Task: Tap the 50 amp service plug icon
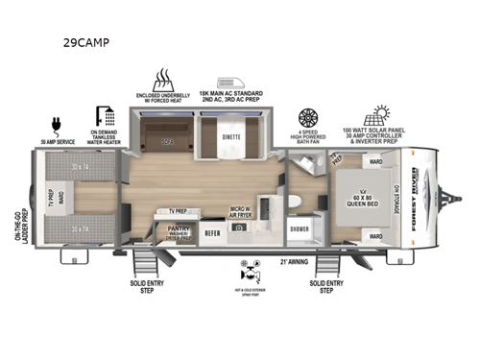coord(55,126)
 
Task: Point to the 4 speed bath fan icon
coord(308,117)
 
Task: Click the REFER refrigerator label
coord(213,230)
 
